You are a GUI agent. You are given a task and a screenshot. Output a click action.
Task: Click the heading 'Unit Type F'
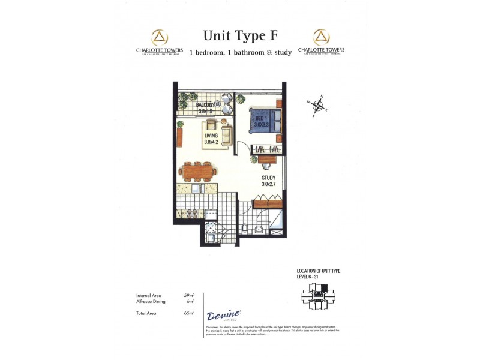pyautogui.click(x=240, y=35)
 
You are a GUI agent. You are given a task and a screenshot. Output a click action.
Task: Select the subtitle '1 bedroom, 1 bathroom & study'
pyautogui.click(x=240, y=53)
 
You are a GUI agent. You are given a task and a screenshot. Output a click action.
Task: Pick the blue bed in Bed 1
pyautogui.click(x=262, y=121)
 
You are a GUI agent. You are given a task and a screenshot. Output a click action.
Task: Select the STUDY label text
pyautogui.click(x=268, y=178)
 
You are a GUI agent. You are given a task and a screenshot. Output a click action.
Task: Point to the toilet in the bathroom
pyautogui.click(x=246, y=228)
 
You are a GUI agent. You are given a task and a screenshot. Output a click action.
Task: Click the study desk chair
pyautogui.click(x=256, y=159)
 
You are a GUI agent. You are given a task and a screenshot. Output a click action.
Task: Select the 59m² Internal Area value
pyautogui.click(x=189, y=295)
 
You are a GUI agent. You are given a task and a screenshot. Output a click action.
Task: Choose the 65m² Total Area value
pyautogui.click(x=189, y=313)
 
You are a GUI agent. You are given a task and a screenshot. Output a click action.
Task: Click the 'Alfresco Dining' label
pyautogui.click(x=150, y=301)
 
